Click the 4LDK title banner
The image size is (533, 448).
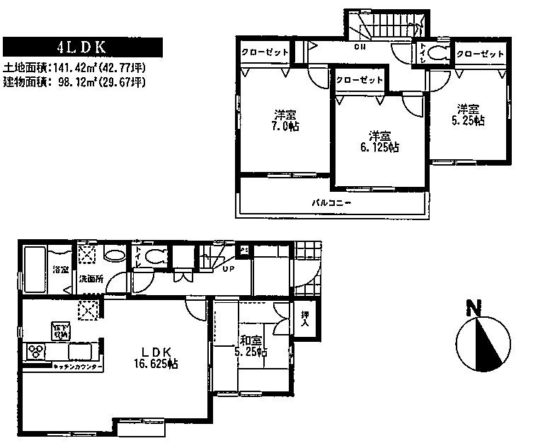coord(84,48)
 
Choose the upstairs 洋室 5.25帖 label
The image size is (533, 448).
coord(469,115)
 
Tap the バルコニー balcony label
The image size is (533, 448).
coord(332,202)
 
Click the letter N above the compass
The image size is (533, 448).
coord(474,309)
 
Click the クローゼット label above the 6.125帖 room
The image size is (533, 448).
coord(359,80)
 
